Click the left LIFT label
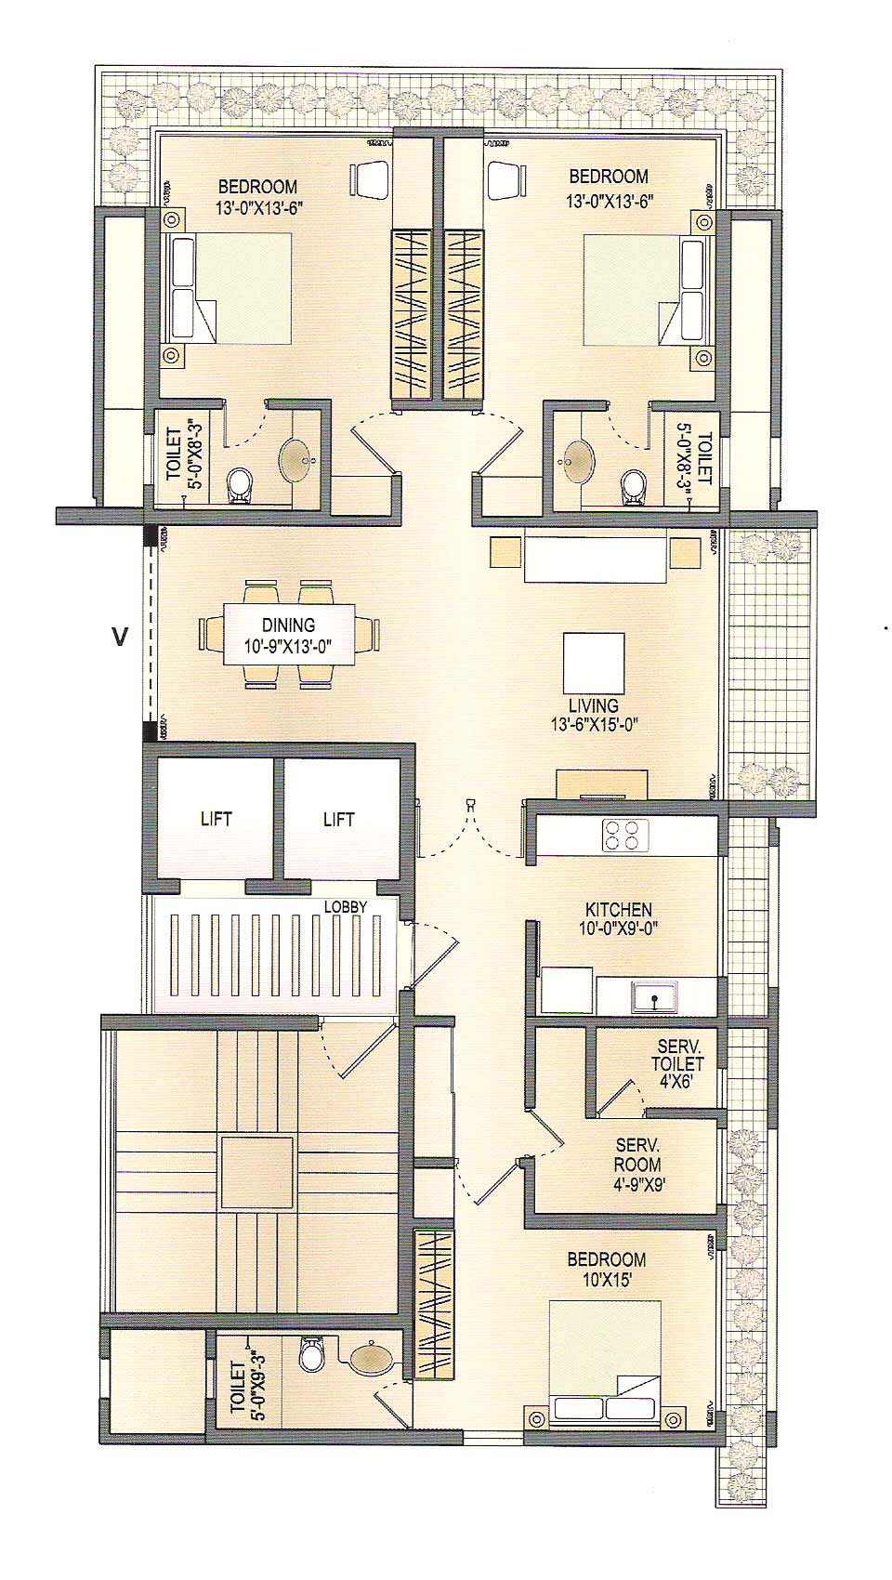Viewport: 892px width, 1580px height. pyautogui.click(x=216, y=819)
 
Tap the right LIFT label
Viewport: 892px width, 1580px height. pyautogui.click(x=338, y=819)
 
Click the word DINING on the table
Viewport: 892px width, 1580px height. pyautogui.click(x=288, y=625)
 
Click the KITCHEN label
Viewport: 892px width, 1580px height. pyautogui.click(x=618, y=909)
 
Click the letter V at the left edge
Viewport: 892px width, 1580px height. pyautogui.click(x=119, y=637)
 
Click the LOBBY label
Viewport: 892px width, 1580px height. pyautogui.click(x=345, y=906)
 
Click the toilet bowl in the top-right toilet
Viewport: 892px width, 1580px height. pyautogui.click(x=635, y=483)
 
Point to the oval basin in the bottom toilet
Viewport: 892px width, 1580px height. pyautogui.click(x=372, y=1358)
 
